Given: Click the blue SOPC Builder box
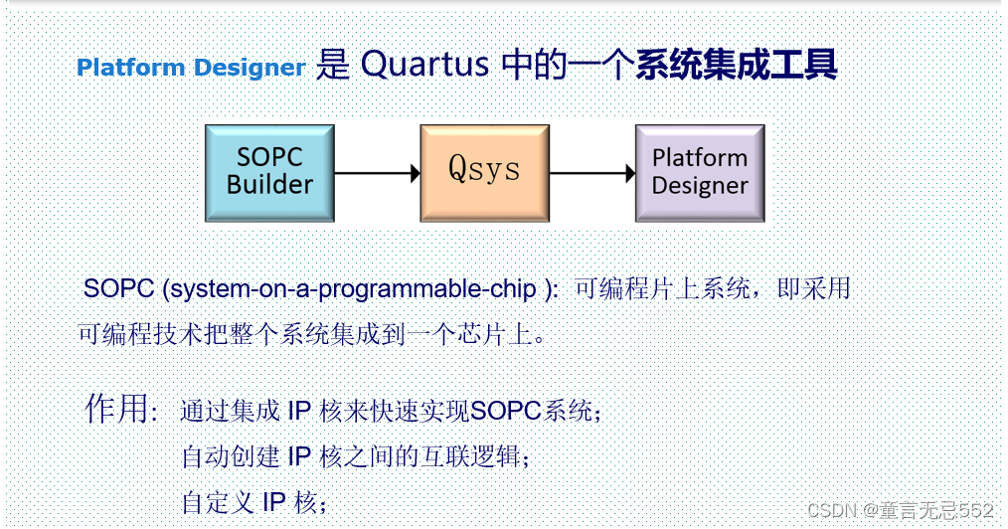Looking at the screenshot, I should click(x=269, y=172).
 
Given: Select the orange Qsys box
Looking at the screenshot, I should click(x=484, y=172).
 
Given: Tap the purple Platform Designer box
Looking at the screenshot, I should click(x=700, y=172).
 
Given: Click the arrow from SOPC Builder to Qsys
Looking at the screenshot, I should click(x=377, y=173).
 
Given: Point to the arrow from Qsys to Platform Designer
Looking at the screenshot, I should click(x=592, y=173).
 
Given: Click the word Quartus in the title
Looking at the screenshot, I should click(x=424, y=66).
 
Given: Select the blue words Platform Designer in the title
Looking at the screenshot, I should click(x=191, y=68).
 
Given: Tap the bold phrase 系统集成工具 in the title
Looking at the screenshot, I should click(x=737, y=66).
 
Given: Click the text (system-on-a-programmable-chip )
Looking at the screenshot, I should click(x=364, y=289).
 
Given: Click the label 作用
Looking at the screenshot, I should click(x=119, y=409).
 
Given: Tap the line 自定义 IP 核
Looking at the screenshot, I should click(x=253, y=502).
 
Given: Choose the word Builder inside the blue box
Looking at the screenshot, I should click(x=269, y=185).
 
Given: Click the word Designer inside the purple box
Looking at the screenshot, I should click(x=700, y=186).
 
